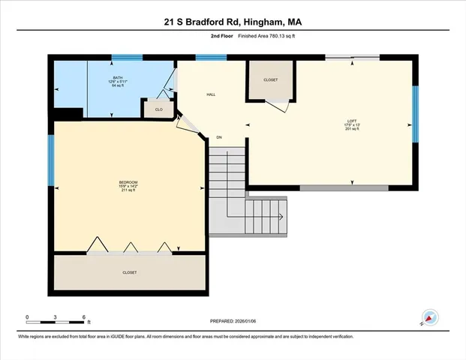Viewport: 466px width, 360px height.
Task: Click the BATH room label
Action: click(x=118, y=77)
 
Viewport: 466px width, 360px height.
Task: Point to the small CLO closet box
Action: click(x=158, y=109)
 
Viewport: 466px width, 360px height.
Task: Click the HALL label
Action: click(x=212, y=94)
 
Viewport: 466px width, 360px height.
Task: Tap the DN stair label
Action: click(x=219, y=137)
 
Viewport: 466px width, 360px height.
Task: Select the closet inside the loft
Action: click(x=270, y=81)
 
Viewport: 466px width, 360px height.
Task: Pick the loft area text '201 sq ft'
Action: click(x=352, y=129)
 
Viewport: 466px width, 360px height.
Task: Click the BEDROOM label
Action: click(x=128, y=182)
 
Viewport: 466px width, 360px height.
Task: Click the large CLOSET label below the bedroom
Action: click(x=130, y=272)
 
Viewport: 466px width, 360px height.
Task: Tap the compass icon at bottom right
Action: click(x=430, y=317)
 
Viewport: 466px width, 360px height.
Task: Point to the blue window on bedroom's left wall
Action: click(x=51, y=160)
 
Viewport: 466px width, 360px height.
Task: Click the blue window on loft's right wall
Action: click(x=414, y=113)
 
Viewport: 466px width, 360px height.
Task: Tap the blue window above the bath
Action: click(x=128, y=58)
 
